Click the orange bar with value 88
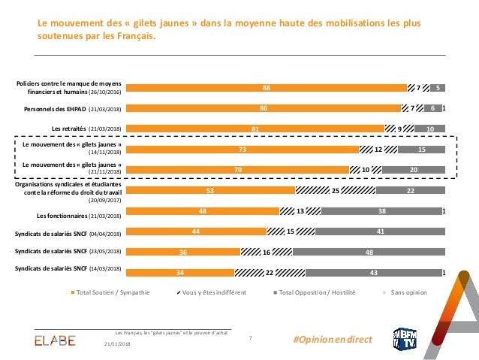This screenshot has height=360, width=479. [x=266, y=88]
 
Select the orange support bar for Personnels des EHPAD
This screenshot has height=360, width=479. [x=263, y=108]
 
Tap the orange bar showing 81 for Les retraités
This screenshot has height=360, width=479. [x=255, y=129]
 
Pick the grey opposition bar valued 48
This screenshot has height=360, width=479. [x=369, y=252]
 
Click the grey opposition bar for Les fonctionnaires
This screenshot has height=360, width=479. [x=382, y=211]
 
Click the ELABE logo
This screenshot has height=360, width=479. [x=55, y=340]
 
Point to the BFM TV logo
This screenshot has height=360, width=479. [x=406, y=338]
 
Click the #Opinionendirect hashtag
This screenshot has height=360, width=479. [x=334, y=340]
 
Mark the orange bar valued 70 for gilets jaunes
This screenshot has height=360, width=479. [x=237, y=170]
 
